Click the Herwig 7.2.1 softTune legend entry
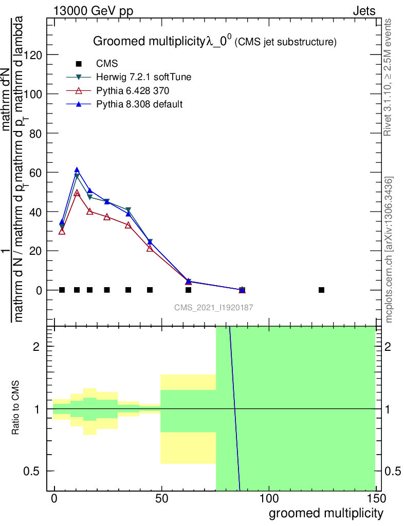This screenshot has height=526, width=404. [x=144, y=77]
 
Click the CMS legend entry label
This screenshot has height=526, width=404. [x=107, y=64]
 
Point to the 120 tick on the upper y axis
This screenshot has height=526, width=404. [x=34, y=54]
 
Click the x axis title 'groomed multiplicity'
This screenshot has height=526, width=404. [x=326, y=513]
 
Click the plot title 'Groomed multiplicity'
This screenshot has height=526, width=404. [x=149, y=42]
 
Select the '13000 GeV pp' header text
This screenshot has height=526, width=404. [x=93, y=11]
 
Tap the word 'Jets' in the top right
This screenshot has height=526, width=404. [x=364, y=11]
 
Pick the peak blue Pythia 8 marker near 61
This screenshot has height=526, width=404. [x=77, y=170]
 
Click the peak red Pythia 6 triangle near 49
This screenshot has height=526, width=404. [x=77, y=193]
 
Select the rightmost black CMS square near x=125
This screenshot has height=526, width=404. [x=322, y=290]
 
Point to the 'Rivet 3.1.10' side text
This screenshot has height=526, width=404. [x=389, y=77]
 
